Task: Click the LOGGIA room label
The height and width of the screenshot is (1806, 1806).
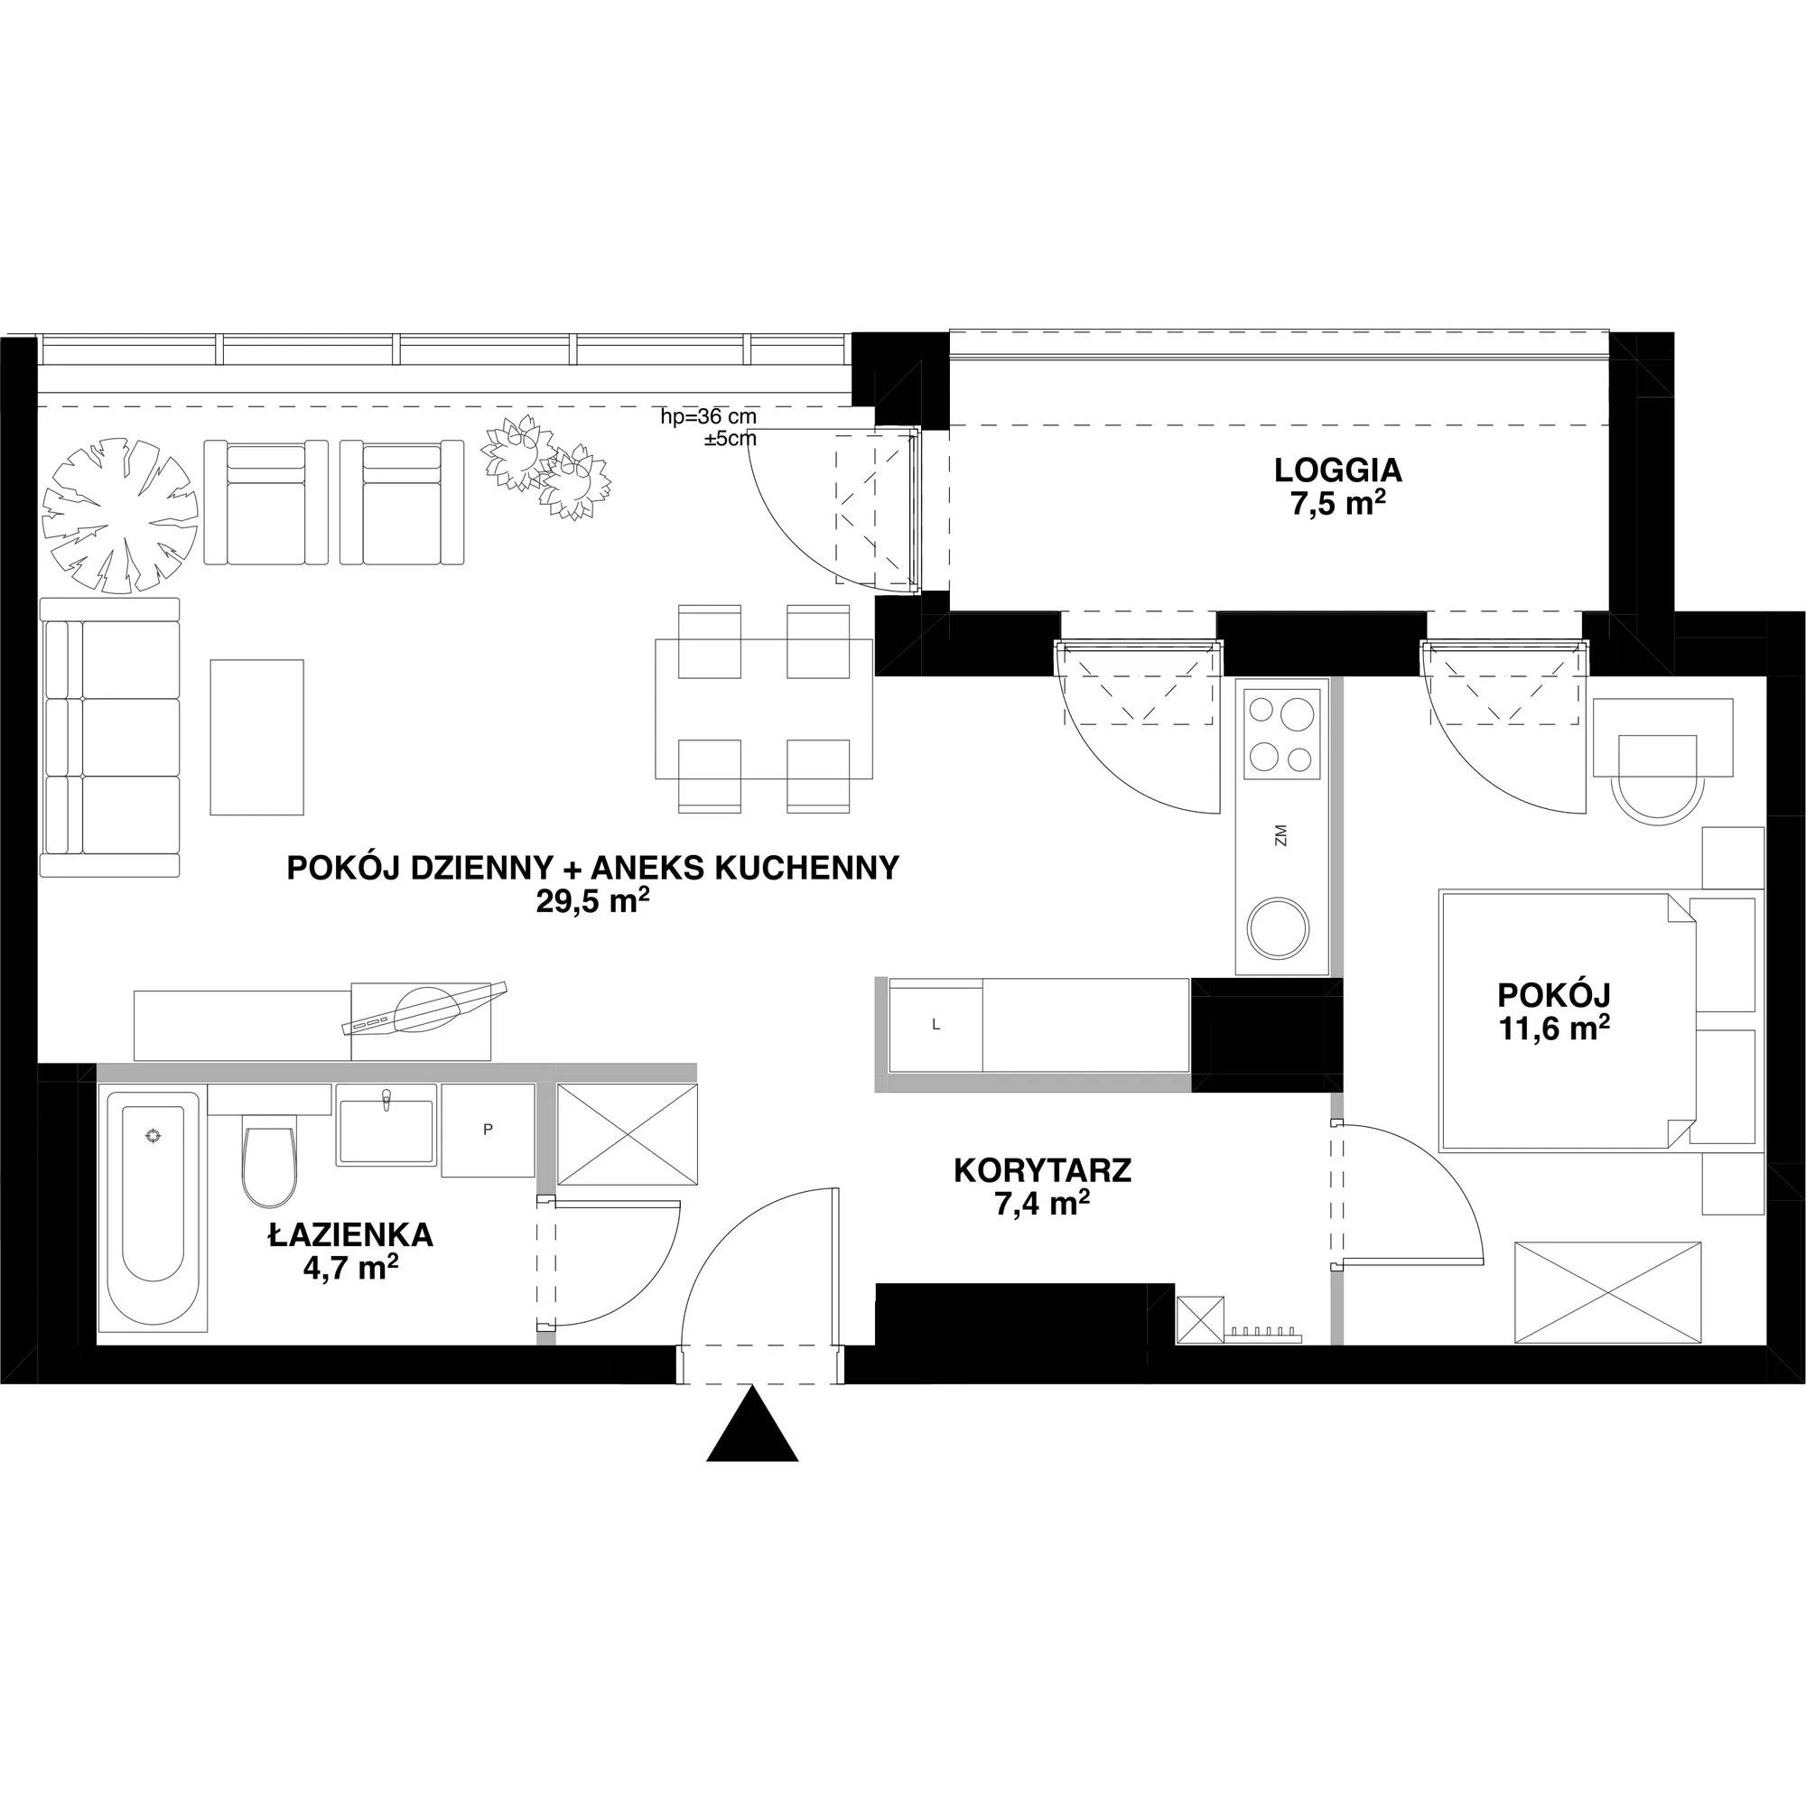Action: [1338, 469]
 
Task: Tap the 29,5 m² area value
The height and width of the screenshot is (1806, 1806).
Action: [591, 904]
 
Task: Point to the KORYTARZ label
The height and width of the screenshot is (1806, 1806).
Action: [1042, 1170]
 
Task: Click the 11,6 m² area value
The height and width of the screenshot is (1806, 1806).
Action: [1552, 1028]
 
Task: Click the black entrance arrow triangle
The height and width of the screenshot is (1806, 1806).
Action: [752, 1425]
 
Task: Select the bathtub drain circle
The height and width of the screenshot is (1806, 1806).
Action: [154, 1136]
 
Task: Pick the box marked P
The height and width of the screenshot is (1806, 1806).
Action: [487, 1130]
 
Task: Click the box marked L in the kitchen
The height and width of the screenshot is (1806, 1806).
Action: [936, 1025]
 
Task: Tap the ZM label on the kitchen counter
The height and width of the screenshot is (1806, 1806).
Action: [1280, 834]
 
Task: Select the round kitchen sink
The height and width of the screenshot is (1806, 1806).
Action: [1280, 927]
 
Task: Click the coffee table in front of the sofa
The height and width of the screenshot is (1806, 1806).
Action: [257, 737]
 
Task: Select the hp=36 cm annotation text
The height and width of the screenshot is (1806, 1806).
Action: [709, 418]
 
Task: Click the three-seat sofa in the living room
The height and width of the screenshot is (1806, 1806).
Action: [109, 738]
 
